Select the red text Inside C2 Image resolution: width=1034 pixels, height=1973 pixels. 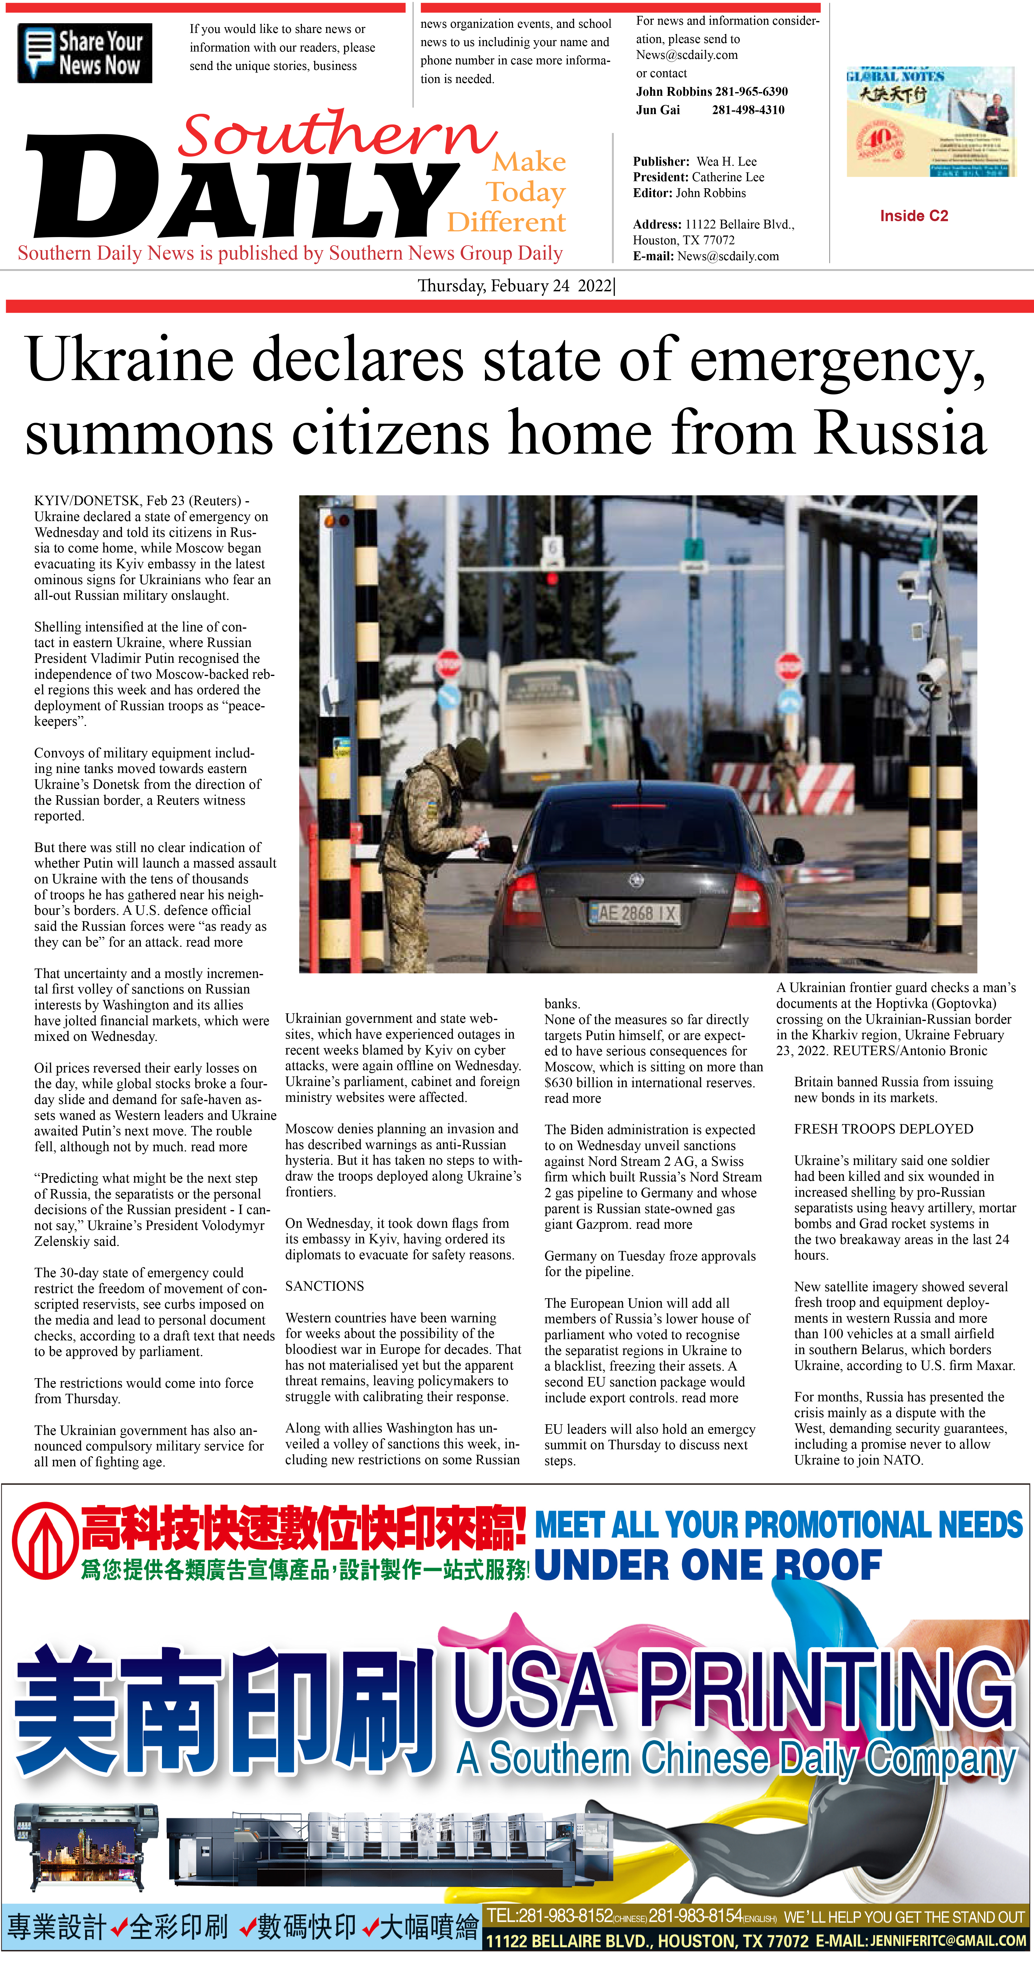click(914, 216)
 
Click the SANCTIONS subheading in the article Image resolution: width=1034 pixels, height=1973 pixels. click(325, 1286)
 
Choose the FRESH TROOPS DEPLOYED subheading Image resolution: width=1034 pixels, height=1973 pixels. click(883, 1129)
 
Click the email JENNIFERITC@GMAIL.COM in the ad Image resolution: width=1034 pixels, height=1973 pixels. click(948, 1941)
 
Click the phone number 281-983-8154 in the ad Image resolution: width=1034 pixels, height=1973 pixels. click(695, 1916)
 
